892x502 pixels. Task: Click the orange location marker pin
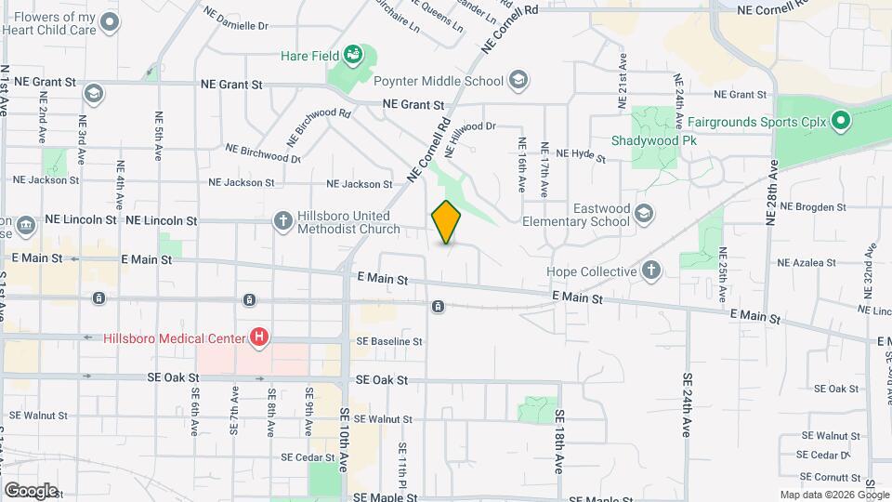[447, 222]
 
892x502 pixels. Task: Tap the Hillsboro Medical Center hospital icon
[260, 337]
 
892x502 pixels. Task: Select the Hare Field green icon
[352, 56]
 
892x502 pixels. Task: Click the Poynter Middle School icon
[518, 81]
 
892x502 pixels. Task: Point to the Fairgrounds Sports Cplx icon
[841, 121]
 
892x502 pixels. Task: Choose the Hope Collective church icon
[651, 271]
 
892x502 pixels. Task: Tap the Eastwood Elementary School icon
[642, 216]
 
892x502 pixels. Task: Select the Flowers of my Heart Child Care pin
[111, 24]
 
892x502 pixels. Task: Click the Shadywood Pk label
[654, 140]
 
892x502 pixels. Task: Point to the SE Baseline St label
[388, 342]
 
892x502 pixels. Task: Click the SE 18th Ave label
[559, 443]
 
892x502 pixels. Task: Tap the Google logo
[31, 490]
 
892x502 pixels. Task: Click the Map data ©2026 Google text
[834, 495]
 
